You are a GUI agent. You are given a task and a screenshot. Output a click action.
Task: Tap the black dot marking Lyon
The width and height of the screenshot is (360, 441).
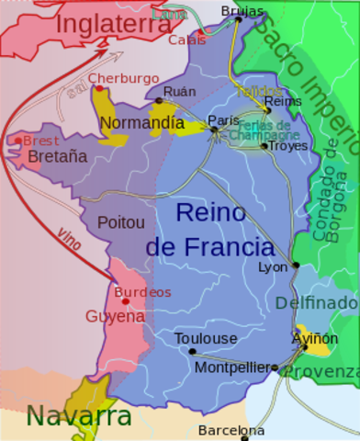pyautogui.click(x=296, y=266)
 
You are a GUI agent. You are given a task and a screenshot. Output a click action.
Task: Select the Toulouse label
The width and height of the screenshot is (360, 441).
pyautogui.click(x=206, y=338)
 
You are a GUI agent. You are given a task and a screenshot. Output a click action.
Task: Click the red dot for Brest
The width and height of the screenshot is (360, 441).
pyautogui.click(x=17, y=141)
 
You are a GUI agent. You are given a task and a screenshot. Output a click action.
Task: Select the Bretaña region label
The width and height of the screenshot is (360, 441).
pyautogui.click(x=58, y=156)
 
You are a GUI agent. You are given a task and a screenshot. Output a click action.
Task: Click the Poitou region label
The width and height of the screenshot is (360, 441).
pyautogui.click(x=121, y=222)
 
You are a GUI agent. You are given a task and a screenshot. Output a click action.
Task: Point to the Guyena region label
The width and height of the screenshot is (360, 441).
pyautogui.click(x=115, y=316)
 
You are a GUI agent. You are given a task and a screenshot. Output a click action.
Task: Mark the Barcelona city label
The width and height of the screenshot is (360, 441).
pyautogui.click(x=231, y=430)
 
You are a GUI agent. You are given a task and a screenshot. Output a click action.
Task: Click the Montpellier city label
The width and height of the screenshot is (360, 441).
pyautogui.click(x=232, y=367)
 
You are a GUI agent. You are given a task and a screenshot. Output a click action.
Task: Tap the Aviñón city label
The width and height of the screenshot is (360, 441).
pyautogui.click(x=314, y=338)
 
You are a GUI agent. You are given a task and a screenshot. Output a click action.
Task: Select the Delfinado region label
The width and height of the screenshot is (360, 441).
pyautogui.click(x=316, y=302)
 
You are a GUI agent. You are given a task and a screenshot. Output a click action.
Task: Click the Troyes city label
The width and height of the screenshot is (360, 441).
pyautogui.click(x=290, y=146)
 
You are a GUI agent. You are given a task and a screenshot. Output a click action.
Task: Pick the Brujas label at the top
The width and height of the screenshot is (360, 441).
pyautogui.click(x=242, y=11)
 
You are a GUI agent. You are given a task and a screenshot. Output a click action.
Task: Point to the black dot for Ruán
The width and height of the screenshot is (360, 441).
pyautogui.click(x=159, y=100)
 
